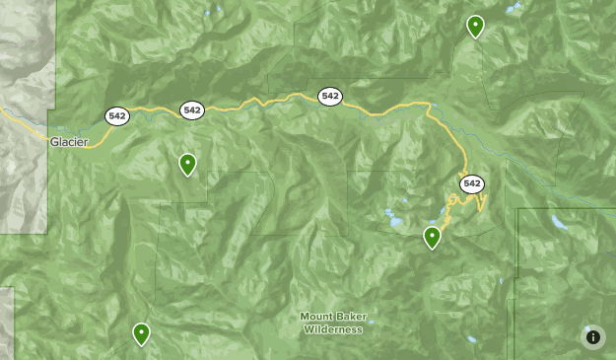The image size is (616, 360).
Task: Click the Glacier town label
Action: (x=69, y=142)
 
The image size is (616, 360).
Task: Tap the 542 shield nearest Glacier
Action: (x=117, y=116)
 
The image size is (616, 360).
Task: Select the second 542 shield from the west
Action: (x=191, y=109)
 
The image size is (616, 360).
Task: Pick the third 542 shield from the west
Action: (x=329, y=96)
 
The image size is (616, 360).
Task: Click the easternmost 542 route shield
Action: (x=471, y=183)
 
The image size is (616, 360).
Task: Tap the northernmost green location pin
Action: (x=475, y=26)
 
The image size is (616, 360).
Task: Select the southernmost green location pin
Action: (x=142, y=333)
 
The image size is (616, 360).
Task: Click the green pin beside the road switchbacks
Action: (x=432, y=237)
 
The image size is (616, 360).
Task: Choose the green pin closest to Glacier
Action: (x=187, y=164)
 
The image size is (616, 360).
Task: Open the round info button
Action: (x=592, y=337)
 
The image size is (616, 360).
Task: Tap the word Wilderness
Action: (x=333, y=329)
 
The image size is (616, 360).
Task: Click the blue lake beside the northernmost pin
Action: (x=512, y=9)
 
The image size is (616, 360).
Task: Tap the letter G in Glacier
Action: (x=54, y=142)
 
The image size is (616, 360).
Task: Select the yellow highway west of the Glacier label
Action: (x=20, y=124)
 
